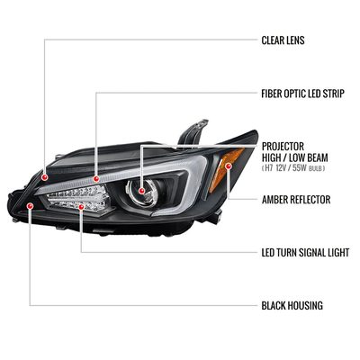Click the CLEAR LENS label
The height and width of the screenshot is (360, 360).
(x=283, y=40)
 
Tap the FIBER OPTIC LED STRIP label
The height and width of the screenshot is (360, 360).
(x=302, y=94)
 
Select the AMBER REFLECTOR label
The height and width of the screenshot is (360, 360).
(x=296, y=200)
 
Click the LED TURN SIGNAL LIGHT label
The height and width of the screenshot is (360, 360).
(x=305, y=253)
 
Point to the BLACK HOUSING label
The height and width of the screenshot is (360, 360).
(x=292, y=306)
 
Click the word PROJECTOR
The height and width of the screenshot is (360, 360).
(x=283, y=147)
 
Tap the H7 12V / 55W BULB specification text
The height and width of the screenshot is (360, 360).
(x=293, y=168)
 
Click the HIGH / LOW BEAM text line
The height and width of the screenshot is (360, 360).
(x=295, y=157)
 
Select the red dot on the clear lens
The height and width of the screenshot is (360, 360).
(x=45, y=177)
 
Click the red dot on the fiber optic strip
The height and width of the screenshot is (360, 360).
(x=96, y=179)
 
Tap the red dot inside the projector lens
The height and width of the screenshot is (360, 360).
(x=141, y=191)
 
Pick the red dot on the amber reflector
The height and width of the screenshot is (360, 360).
(x=229, y=166)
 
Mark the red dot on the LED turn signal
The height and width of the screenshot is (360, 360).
(x=81, y=207)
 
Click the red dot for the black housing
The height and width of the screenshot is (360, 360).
(x=30, y=206)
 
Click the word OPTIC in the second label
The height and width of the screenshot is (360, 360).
(x=293, y=94)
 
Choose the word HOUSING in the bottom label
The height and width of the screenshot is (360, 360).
(x=306, y=306)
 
